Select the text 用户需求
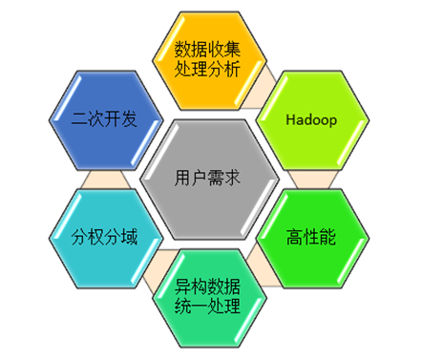207,178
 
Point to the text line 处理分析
207,70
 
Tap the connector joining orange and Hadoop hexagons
261,77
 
